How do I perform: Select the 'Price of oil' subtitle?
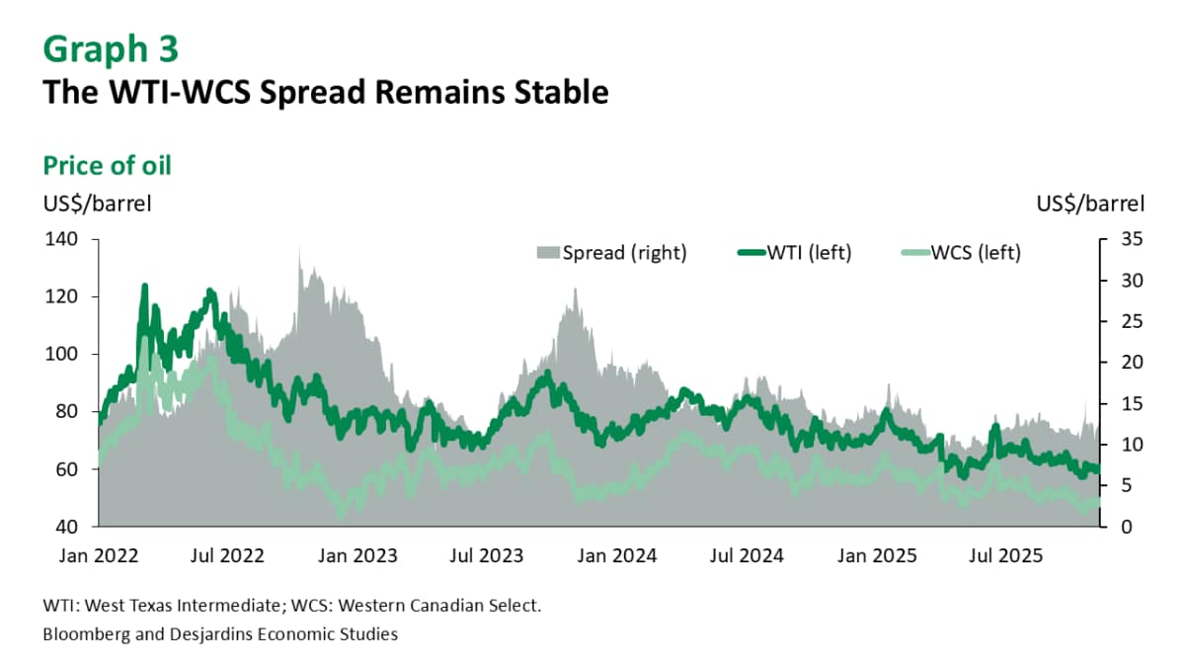coord(107,165)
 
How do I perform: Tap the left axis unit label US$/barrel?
coord(97,205)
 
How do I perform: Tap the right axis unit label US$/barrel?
coord(1090,205)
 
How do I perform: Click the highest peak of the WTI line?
coord(144,287)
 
